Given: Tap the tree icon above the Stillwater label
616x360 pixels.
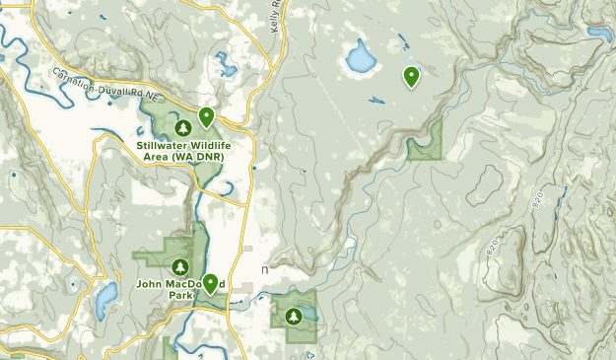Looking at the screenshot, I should pyautogui.click(x=182, y=128).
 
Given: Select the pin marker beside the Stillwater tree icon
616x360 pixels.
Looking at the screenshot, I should pyautogui.click(x=206, y=117).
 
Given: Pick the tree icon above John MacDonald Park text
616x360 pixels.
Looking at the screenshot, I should pyautogui.click(x=180, y=266).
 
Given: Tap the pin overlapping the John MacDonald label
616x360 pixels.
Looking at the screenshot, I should pyautogui.click(x=210, y=283).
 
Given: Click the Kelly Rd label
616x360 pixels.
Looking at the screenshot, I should pyautogui.click(x=277, y=14).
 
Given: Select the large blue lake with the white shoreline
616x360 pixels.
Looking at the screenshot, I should pyautogui.click(x=359, y=61).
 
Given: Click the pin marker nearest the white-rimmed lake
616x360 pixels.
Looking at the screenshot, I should pyautogui.click(x=411, y=75).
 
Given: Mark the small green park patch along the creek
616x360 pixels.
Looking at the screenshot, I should pyautogui.click(x=425, y=145).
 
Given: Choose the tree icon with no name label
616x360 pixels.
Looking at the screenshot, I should pyautogui.click(x=294, y=316).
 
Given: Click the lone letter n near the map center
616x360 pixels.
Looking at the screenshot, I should pyautogui.click(x=264, y=268).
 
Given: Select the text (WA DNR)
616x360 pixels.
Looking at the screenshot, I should pyautogui.click(x=199, y=156).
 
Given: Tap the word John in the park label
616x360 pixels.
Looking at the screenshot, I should pyautogui.click(x=151, y=283).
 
